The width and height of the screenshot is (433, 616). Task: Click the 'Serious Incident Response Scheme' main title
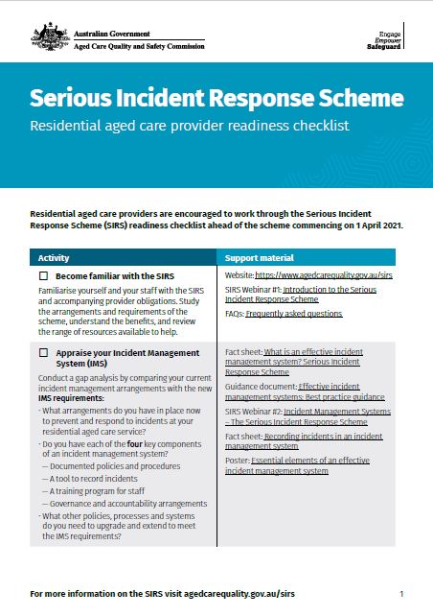(x=216, y=99)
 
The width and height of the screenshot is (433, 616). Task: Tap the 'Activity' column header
(x=54, y=258)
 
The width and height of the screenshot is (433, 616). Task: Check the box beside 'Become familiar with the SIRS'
(x=44, y=276)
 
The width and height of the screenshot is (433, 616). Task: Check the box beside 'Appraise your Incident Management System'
(x=44, y=353)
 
